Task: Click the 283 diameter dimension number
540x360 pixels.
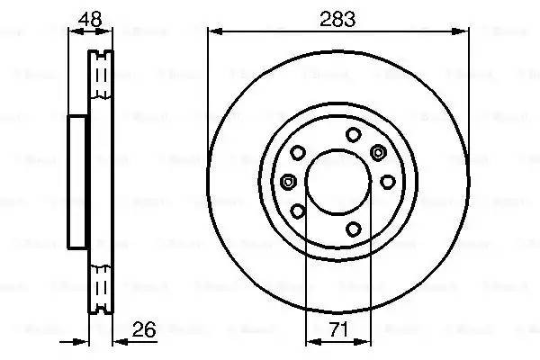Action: (339, 17)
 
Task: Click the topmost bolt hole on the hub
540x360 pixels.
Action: (354, 136)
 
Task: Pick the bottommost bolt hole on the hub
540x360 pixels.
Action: (354, 227)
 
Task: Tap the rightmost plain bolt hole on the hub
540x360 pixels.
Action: (387, 182)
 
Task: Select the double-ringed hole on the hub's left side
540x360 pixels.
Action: (288, 182)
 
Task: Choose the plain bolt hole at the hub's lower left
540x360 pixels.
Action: (298, 212)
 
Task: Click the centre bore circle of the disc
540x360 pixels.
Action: (338, 182)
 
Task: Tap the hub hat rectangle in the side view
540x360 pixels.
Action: (78, 182)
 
